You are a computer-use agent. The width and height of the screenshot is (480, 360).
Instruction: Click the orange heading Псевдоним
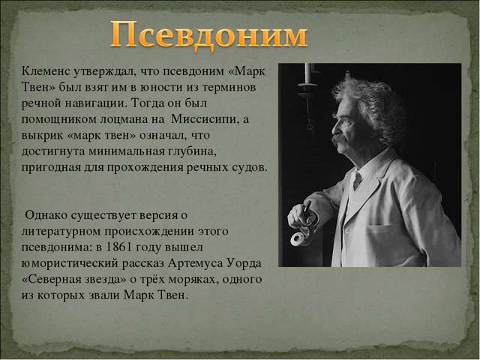[x=208, y=36]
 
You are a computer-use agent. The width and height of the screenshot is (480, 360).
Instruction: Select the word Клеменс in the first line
[x=46, y=71]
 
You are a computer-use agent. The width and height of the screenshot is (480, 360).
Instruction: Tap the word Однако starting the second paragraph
[x=46, y=215]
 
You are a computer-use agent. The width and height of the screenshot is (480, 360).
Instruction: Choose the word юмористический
[x=70, y=263]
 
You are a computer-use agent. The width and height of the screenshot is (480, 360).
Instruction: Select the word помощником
[x=59, y=119]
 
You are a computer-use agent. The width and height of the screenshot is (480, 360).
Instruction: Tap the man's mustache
[x=339, y=139]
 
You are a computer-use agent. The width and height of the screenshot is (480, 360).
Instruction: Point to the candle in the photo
[x=308, y=73]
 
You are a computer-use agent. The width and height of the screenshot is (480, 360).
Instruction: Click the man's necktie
[x=357, y=180]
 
